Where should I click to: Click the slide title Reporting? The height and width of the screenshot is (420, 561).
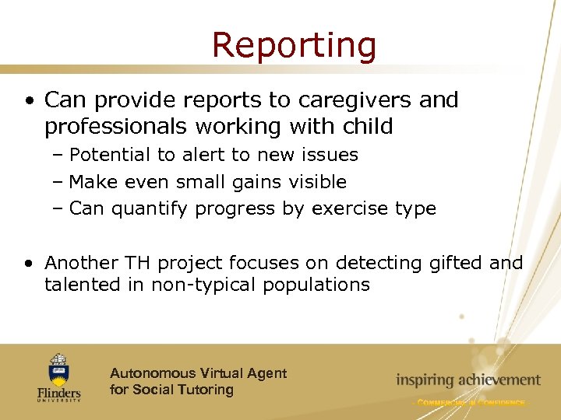294,45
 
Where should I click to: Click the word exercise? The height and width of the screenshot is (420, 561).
347,208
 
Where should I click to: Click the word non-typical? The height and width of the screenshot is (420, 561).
209,285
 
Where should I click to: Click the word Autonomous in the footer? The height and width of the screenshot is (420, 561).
153,373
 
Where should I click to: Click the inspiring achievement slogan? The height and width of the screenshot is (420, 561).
467,380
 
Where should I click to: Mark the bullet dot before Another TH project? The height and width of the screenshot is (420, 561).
29,264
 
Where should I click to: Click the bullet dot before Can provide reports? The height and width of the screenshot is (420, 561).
29,101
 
